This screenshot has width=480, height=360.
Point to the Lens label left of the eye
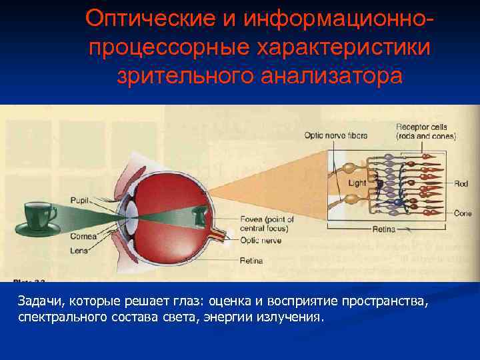pos(79,251)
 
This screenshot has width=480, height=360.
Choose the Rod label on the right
pos(461,183)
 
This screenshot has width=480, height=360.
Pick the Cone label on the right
pos(462,213)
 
